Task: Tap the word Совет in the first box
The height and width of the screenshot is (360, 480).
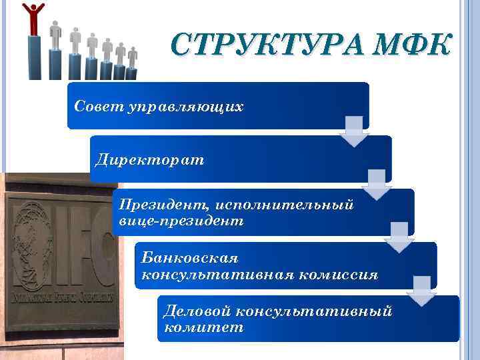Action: tap(97, 107)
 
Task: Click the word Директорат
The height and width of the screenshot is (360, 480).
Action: tap(150, 160)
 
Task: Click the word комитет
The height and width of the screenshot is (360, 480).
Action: tap(203, 327)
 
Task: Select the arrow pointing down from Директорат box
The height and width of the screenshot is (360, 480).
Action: tap(377, 185)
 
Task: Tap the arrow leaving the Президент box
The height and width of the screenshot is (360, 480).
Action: tap(399, 237)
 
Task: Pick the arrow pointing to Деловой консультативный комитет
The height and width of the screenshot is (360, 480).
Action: tap(422, 291)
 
